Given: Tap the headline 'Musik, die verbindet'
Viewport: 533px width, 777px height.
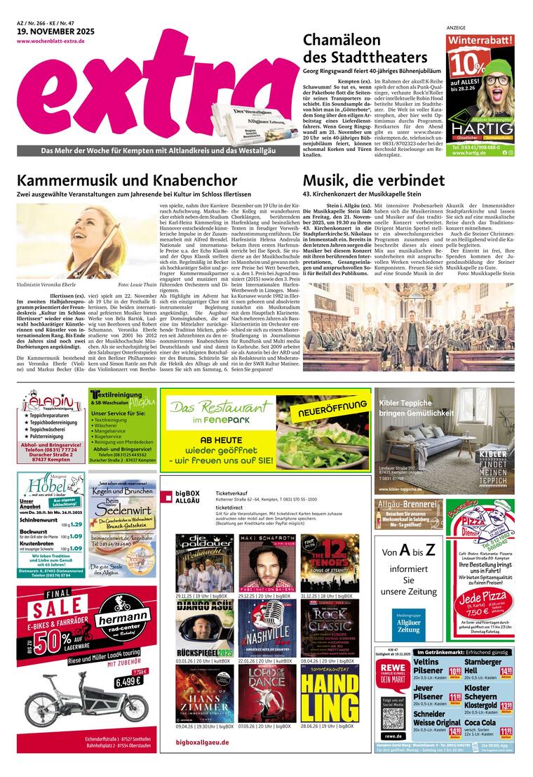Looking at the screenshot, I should click(374, 180).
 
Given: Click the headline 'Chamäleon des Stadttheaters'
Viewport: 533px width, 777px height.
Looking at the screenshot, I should click(365, 49).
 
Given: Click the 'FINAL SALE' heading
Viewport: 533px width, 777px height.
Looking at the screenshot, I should click(53, 603).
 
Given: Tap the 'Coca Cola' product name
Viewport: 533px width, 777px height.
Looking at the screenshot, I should click(480, 722).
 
